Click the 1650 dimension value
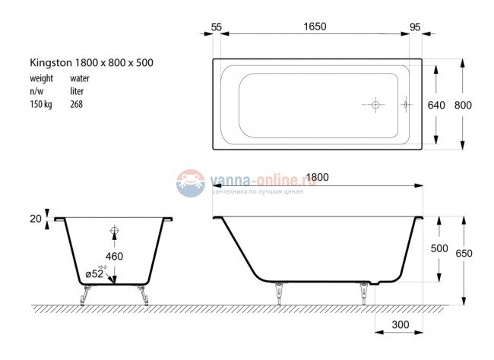[x=315, y=27]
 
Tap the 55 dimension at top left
[x=216, y=27]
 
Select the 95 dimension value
[x=415, y=27]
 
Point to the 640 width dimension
[x=435, y=105]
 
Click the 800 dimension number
[x=462, y=105]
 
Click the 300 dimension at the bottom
[x=401, y=325]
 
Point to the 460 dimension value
[x=114, y=257]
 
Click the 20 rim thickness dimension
[x=35, y=219]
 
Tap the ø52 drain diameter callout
[x=96, y=273]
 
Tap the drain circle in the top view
[x=375, y=105]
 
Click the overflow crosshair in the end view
[x=115, y=231]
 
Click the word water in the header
[x=80, y=78]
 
